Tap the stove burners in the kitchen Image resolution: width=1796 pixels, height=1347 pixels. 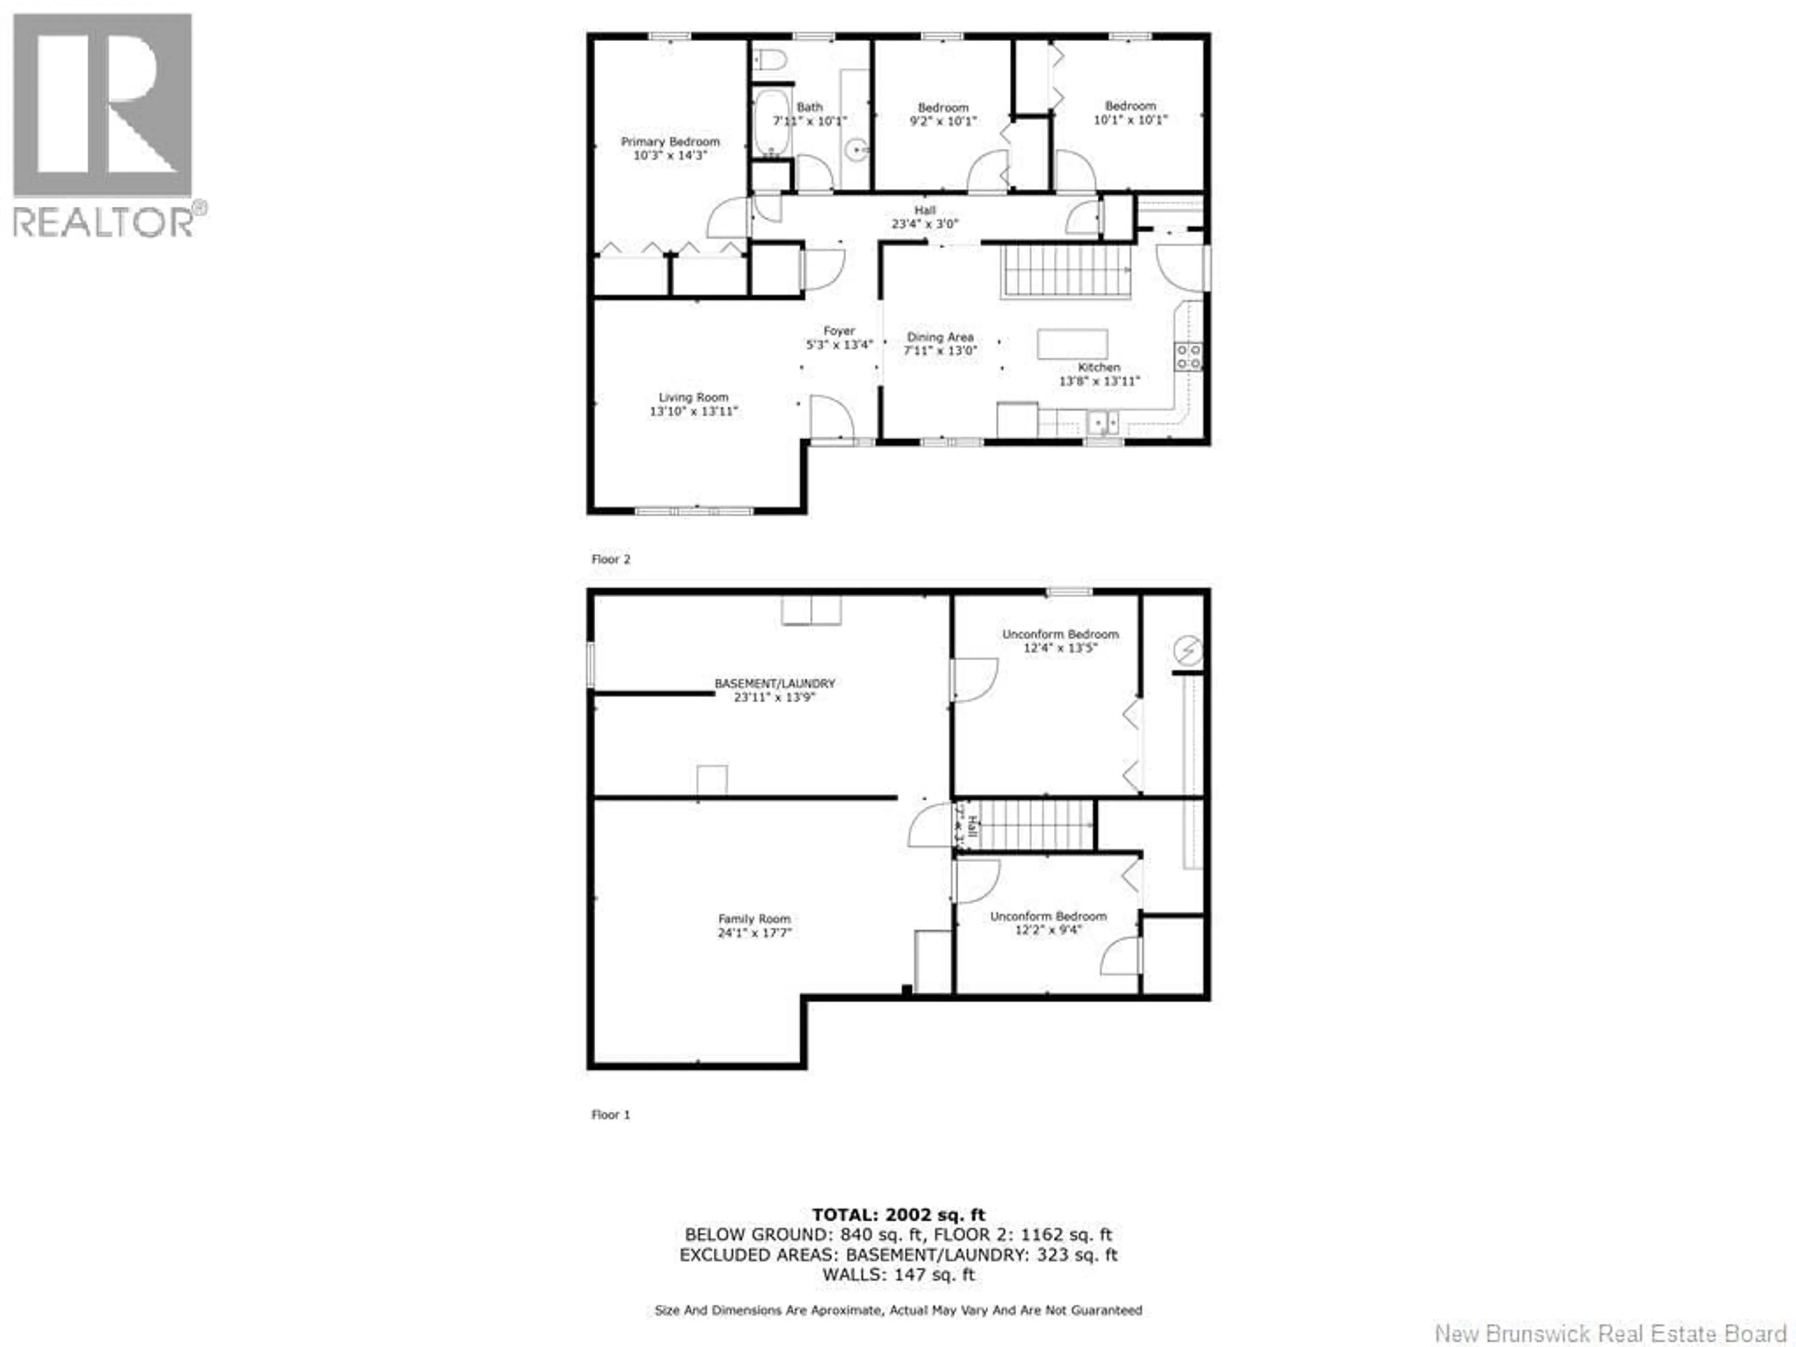1188,356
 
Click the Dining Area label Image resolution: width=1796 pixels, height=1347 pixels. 940,336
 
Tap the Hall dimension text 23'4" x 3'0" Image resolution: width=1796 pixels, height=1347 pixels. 925,223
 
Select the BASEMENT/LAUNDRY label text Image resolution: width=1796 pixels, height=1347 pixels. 775,684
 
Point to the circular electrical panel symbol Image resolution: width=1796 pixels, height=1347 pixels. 1188,651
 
